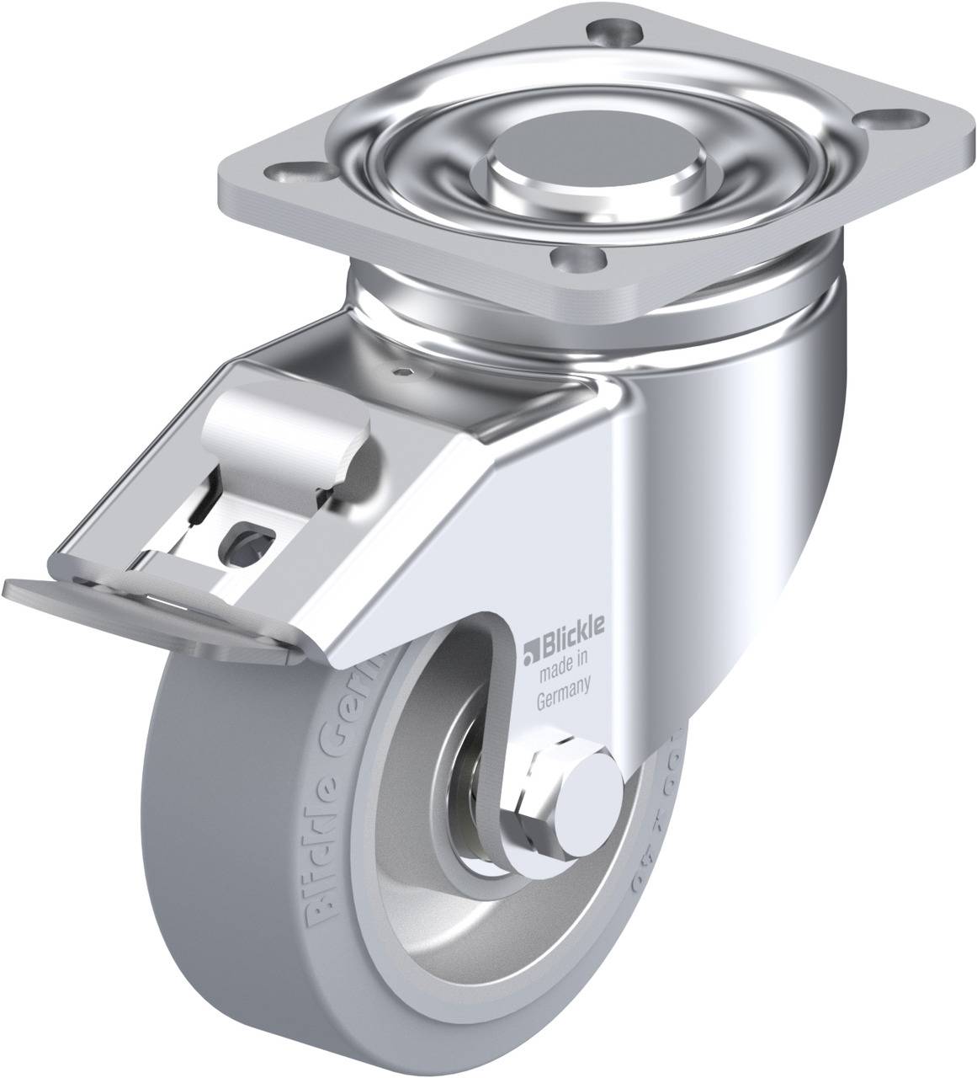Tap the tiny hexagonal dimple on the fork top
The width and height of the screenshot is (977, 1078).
click(x=407, y=370)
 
